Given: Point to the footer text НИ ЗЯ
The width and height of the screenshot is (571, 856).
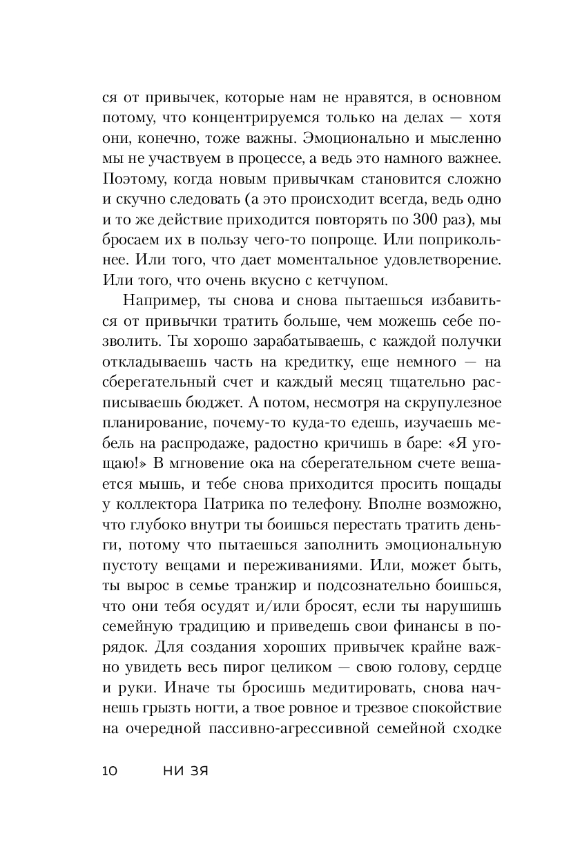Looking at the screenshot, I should (x=184, y=771).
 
